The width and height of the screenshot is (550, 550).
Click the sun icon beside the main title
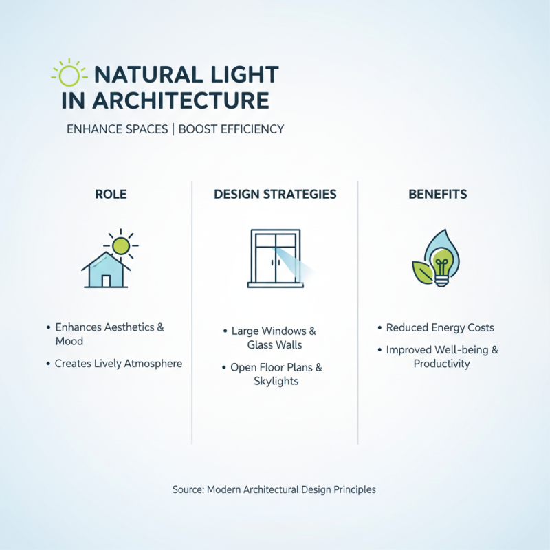[x=69, y=74]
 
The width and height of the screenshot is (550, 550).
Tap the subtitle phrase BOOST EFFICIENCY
[x=231, y=129]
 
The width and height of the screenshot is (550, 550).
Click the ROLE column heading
[x=111, y=194]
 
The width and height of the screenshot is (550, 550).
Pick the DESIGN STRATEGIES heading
[x=275, y=194]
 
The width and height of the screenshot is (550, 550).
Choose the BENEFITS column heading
[x=437, y=194]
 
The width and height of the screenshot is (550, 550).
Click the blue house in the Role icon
[x=106, y=272]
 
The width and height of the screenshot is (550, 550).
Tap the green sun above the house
[x=122, y=245]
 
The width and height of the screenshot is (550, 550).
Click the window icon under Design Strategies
[x=274, y=258]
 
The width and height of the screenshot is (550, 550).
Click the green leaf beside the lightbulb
[x=421, y=272]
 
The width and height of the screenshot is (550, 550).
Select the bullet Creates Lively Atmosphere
[x=118, y=364]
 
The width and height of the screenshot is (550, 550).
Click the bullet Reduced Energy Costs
[x=440, y=328]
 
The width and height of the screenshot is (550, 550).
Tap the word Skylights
[x=276, y=381]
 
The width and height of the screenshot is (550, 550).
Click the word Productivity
[x=441, y=364]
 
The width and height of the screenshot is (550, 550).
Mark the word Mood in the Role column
[x=69, y=342]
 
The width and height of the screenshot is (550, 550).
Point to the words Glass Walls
[x=274, y=345]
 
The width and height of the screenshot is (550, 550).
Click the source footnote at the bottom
[x=274, y=490]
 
